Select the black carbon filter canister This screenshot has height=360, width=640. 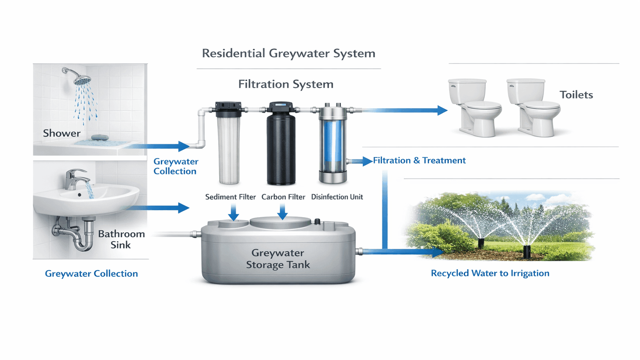(x=281, y=148)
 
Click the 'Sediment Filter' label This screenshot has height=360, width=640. (x=230, y=197)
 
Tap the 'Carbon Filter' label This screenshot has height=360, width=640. (x=283, y=197)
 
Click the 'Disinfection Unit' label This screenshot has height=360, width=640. (x=337, y=197)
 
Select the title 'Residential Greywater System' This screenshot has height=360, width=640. (x=288, y=53)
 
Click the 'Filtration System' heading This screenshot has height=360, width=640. (x=286, y=84)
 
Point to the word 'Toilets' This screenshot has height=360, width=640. (x=576, y=95)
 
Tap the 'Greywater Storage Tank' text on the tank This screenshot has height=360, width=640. (x=278, y=259)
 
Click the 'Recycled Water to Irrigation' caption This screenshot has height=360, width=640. (x=490, y=273)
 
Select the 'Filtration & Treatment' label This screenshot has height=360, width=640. (x=419, y=160)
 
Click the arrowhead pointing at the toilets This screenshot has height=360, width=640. (x=442, y=110)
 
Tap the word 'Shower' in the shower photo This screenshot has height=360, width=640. (x=62, y=133)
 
